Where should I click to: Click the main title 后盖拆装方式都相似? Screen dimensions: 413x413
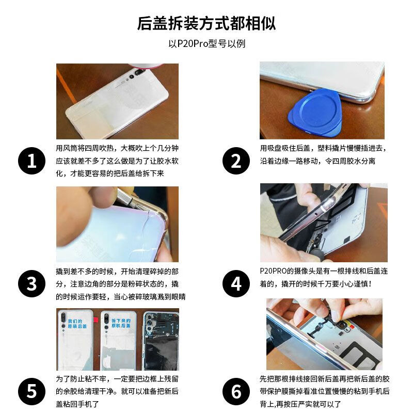(x=206, y=23)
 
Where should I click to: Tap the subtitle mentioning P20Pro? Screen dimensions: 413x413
(x=207, y=44)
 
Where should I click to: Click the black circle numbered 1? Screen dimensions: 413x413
(x=31, y=161)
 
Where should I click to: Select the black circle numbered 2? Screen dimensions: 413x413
(x=236, y=161)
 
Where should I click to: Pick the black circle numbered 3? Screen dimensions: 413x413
(x=31, y=283)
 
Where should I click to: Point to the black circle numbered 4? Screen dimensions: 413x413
(x=236, y=283)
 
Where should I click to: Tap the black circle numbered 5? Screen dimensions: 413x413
(x=31, y=391)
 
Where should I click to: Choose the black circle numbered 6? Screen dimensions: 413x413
(x=236, y=391)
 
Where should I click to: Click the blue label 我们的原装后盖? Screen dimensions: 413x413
(x=77, y=324)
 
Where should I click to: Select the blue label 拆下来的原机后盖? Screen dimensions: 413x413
(x=121, y=323)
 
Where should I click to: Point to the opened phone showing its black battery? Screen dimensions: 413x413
(x=161, y=341)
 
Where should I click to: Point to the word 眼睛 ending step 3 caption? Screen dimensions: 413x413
(x=178, y=297)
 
